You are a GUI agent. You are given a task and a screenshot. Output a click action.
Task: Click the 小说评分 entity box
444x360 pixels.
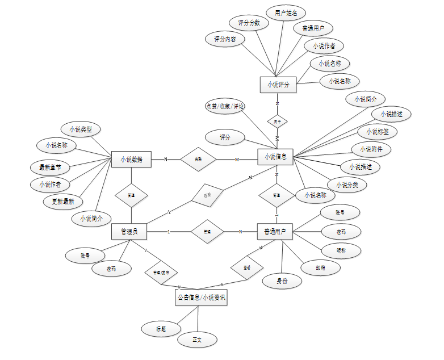pyautogui.click(x=278, y=85)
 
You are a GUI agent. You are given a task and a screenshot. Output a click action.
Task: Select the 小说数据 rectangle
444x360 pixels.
pyautogui.click(x=131, y=160)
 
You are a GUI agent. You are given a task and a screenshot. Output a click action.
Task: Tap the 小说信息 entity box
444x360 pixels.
pyautogui.click(x=276, y=157)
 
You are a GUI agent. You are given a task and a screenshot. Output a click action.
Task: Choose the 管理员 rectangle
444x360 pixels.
pyautogui.click(x=129, y=232)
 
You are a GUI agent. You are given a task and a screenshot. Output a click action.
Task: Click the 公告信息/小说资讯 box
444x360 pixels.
pyautogui.click(x=201, y=297)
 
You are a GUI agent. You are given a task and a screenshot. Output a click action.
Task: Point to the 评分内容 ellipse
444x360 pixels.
pyautogui.click(x=225, y=39)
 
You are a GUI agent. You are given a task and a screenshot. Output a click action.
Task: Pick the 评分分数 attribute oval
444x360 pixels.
pyautogui.click(x=249, y=23)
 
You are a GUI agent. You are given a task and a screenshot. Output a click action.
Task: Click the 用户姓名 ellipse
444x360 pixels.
pyautogui.click(x=286, y=12)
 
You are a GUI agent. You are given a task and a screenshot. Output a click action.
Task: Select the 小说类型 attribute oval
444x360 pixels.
pyautogui.click(x=81, y=129)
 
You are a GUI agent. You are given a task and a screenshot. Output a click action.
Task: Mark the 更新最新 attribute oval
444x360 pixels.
pyautogui.click(x=62, y=201)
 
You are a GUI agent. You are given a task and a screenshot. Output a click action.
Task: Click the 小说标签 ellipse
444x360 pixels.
pyautogui.click(x=377, y=132)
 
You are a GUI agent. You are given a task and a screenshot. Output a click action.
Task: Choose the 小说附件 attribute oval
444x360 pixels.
pyautogui.click(x=371, y=149)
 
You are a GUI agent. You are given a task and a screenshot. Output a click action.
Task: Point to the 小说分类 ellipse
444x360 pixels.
pyautogui.click(x=347, y=185)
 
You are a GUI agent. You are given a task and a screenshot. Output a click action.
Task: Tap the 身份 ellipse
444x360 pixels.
pyautogui.click(x=282, y=281)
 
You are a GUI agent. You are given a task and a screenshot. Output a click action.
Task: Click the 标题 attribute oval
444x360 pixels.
pyautogui.click(x=161, y=329)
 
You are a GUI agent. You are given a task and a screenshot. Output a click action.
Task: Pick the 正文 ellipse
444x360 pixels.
pyautogui.click(x=197, y=340)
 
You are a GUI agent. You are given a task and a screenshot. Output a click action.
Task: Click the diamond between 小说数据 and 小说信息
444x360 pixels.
pyautogui.click(x=198, y=160)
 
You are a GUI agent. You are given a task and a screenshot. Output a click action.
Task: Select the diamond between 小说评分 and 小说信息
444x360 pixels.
pyautogui.click(x=278, y=122)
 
